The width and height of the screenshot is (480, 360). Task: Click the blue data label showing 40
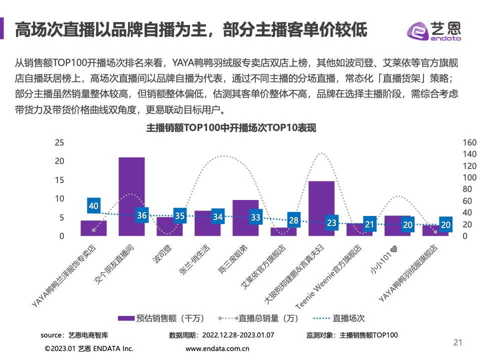point(93,205)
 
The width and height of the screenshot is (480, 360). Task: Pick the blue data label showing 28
point(293,220)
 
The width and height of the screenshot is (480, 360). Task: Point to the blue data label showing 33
point(255,217)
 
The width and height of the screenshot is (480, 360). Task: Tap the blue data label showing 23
point(331,223)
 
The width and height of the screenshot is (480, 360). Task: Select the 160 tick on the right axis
point(470,142)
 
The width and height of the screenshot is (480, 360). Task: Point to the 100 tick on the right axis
point(470,177)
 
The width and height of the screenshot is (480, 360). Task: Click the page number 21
point(457,342)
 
